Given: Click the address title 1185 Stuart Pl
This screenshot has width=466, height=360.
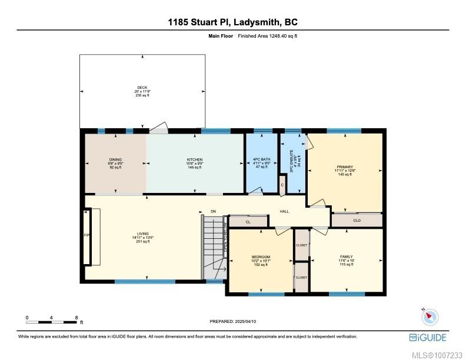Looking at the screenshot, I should point(233,22).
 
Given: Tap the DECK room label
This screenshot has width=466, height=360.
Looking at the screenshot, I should point(142,88).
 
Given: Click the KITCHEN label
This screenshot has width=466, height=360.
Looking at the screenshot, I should point(195,160).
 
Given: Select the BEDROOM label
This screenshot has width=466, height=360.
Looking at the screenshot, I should point(261,257).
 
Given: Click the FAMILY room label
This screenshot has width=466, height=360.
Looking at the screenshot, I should point(346,257).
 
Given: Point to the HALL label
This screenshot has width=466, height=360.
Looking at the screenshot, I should point(284,211).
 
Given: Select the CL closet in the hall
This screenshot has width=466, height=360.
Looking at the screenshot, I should point(248,222).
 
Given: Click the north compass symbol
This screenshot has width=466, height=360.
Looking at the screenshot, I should point(430,316).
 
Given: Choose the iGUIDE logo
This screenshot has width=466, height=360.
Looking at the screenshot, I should point(428,337).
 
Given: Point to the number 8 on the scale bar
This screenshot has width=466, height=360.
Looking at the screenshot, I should point(76,318).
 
